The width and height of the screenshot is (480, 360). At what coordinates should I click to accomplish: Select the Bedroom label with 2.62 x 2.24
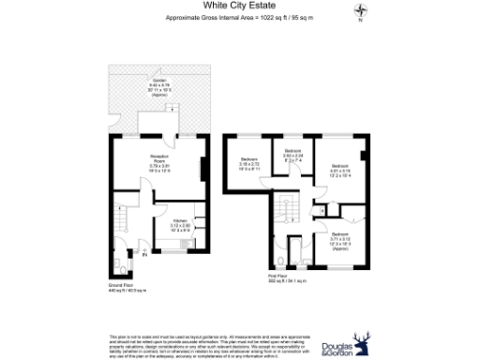click(292, 157)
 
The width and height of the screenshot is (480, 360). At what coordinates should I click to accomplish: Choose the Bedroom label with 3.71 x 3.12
click(339, 240)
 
